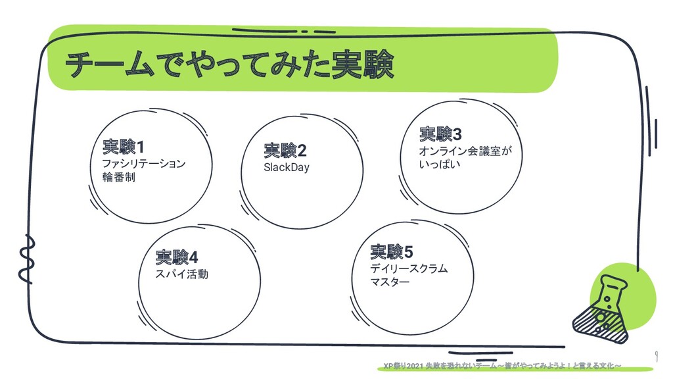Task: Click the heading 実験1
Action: pyautogui.click(x=123, y=145)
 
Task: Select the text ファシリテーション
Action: pyautogui.click(x=143, y=163)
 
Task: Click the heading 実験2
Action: pyautogui.click(x=285, y=151)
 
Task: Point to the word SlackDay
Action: pyautogui.click(x=286, y=167)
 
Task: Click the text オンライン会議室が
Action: pyautogui.click(x=465, y=151)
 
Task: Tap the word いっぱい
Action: pyautogui.click(x=439, y=164)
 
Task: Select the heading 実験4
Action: pyautogui.click(x=177, y=256)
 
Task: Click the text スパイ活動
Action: pyautogui.click(x=181, y=273)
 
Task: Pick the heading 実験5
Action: pyautogui.click(x=392, y=251)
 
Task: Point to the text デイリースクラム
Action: pyautogui.click(x=408, y=268)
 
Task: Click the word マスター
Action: pyautogui.click(x=389, y=282)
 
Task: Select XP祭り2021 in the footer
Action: pyautogui.click(x=404, y=366)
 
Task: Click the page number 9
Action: pyautogui.click(x=657, y=355)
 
